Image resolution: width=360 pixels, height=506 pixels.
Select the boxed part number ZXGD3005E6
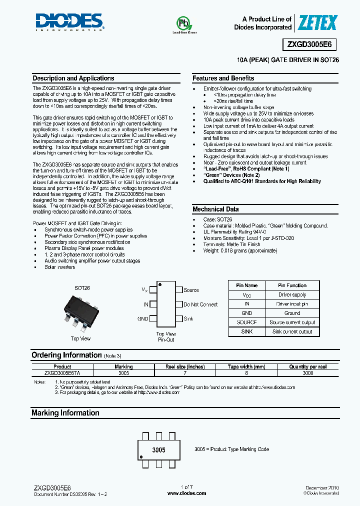click(311, 44)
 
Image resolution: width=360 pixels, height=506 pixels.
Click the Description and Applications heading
click(73, 78)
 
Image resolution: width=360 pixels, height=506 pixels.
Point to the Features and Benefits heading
click(223, 78)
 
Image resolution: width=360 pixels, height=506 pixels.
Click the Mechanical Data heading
click(215, 209)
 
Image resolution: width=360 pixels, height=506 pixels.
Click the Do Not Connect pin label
click(200, 304)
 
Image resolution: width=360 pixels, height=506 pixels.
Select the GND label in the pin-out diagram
click(142, 318)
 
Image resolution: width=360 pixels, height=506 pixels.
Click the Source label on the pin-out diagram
click(191, 290)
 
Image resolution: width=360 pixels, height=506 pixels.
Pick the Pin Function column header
click(292, 285)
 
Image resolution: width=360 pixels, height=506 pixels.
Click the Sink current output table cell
click(292, 331)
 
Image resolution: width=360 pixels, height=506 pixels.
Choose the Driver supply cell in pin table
click(292, 294)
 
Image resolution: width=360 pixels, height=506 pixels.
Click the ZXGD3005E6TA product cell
click(62, 373)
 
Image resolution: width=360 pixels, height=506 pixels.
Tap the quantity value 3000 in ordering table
click(308, 373)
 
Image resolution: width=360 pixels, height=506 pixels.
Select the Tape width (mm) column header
click(246, 366)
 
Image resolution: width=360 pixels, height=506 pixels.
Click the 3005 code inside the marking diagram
click(158, 450)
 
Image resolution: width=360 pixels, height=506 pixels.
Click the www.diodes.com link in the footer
click(186, 493)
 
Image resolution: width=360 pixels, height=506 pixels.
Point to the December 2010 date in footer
click(322, 487)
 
